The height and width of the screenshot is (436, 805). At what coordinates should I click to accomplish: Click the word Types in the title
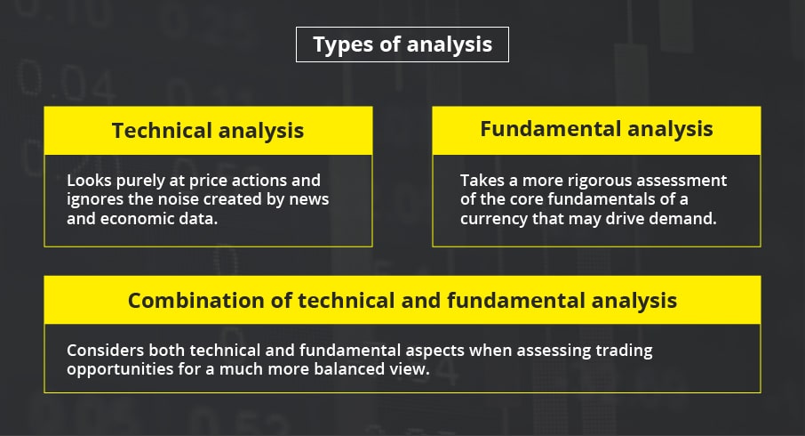tap(343, 45)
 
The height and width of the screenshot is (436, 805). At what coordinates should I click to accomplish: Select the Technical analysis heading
tap(208, 131)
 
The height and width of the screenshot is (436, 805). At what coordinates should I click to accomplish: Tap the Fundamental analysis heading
tap(596, 129)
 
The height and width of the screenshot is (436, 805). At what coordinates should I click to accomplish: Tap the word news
tap(309, 200)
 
